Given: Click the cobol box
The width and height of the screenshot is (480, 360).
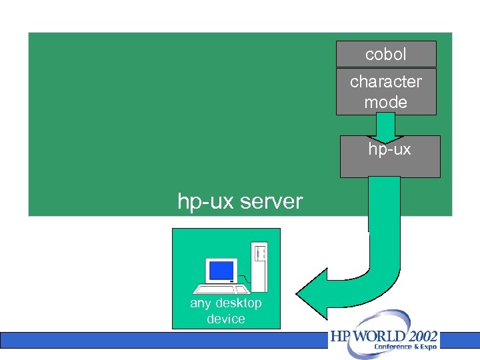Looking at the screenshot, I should (386, 54).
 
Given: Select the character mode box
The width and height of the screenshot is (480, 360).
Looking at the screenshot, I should (386, 91).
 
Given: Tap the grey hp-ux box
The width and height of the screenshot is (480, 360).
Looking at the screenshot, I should (390, 157).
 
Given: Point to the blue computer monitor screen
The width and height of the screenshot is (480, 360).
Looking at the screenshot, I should (221, 270).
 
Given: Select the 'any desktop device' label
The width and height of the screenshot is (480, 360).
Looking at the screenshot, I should (226, 311).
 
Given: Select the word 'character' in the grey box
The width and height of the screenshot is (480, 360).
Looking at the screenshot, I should (386, 81).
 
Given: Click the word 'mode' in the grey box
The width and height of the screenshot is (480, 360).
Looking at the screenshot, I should (386, 102).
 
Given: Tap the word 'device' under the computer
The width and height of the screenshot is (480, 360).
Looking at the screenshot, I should (226, 319).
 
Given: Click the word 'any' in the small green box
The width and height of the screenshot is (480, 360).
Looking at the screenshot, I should (200, 303).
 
